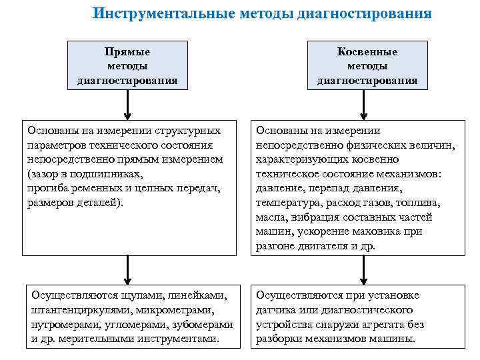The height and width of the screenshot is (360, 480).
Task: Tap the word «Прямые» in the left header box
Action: (127, 51)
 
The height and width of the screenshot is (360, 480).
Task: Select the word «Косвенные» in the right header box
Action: (367, 51)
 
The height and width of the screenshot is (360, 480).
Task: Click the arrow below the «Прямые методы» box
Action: (127, 105)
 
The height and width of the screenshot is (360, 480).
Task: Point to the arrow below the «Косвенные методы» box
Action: (363, 105)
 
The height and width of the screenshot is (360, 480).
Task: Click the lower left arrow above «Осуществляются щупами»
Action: (127, 269)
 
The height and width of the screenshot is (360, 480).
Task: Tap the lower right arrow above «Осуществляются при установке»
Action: (363, 269)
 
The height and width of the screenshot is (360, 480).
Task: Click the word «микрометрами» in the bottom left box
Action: (175, 309)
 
